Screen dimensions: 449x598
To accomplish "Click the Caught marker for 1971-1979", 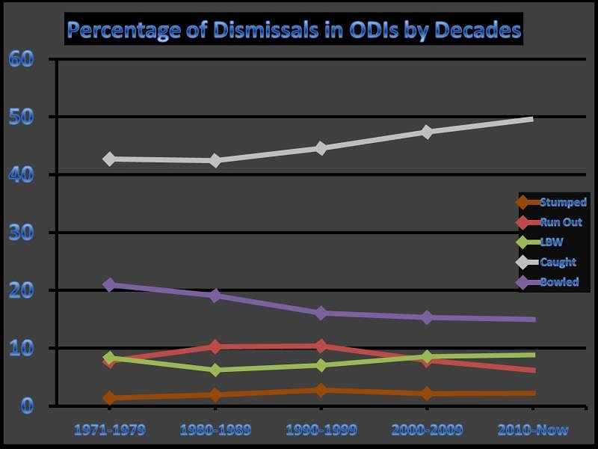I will coord(110,159).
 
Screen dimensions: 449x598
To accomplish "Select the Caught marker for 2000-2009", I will coord(427,132).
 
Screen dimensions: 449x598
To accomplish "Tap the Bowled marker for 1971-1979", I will coord(110,284).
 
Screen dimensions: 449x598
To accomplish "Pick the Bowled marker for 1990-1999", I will coord(321,313).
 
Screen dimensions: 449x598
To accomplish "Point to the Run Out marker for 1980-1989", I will coord(215,346).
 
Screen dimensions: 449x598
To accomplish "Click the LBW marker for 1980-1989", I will coord(215,370).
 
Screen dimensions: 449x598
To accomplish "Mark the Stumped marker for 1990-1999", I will coord(321,390).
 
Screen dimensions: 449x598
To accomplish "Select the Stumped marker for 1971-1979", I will coord(110,397).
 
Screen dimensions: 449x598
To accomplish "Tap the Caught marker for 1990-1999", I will coord(321,148).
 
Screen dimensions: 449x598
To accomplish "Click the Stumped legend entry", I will coord(551,202).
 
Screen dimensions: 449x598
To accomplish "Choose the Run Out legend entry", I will coord(551,222).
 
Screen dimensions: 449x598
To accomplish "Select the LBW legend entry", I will coord(551,242).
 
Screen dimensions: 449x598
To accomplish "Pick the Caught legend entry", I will coord(551,262).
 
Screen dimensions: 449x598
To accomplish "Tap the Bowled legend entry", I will coord(551,282).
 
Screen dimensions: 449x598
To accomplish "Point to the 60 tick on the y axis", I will coord(21,59).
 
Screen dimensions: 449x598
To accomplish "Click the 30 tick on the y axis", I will coord(21,233).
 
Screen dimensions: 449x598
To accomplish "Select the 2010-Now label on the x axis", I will coord(533,430).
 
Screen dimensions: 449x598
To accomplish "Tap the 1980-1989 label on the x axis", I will coord(215,430).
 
